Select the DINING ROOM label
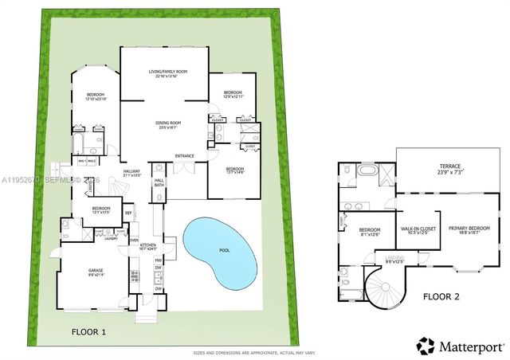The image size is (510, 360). point(168,123)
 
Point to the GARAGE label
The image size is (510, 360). point(96,271)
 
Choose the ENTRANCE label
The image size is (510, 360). point(185,155)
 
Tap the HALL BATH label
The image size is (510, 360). point(159,182)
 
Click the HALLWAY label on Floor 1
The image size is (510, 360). point(131,170)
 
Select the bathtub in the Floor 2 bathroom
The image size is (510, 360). point(368,171)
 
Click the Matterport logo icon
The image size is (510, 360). point(426,345)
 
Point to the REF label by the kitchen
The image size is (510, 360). point(127,213)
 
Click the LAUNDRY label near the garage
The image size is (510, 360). point(100,237)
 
